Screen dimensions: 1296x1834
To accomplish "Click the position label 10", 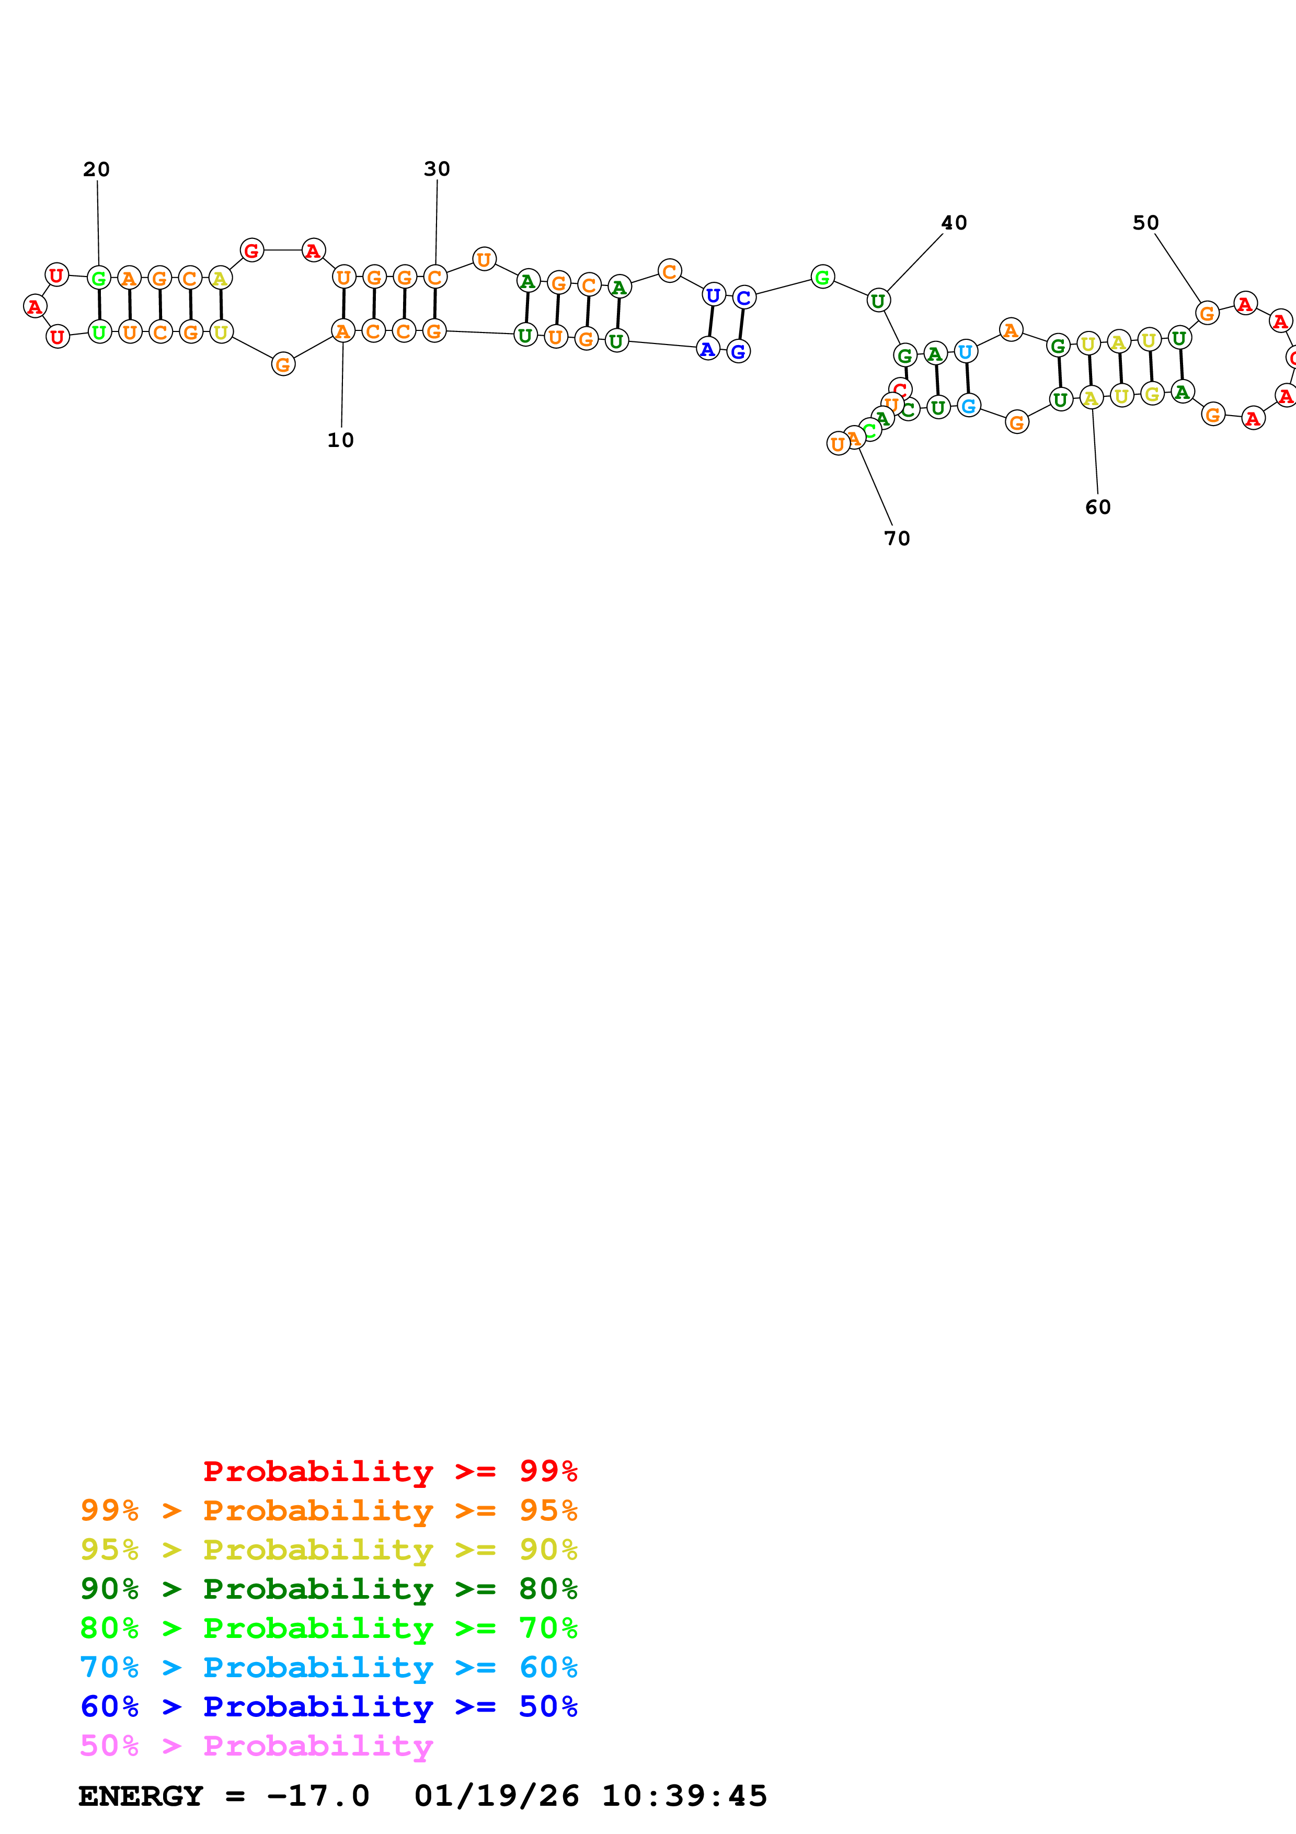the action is pos(340,440).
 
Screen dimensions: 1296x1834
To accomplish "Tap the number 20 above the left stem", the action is pos(97,169).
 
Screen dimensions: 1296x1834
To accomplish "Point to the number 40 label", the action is pos(954,223).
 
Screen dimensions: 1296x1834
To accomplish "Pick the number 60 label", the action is pos(1098,507).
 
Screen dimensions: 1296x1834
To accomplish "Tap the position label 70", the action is pos(897,538).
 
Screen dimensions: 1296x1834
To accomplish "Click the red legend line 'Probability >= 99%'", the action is pos(389,1471).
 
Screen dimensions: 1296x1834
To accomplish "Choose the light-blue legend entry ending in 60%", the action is pos(328,1667).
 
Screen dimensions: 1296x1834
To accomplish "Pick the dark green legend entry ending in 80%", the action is pos(328,1589).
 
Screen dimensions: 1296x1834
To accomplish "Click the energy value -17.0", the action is pos(318,1796).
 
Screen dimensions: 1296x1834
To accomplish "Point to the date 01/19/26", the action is pos(496,1796).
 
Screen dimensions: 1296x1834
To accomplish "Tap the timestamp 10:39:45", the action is pos(684,1796).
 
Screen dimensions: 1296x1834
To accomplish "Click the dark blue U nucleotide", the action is pos(713,295).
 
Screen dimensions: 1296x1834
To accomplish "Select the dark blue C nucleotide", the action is pos(743,298).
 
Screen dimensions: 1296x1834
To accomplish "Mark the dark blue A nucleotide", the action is pos(707,349).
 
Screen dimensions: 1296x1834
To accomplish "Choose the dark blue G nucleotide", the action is pos(739,351).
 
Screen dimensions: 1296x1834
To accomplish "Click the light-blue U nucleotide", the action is pos(966,351).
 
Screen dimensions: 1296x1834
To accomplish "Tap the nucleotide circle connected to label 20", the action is pos(98,279).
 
